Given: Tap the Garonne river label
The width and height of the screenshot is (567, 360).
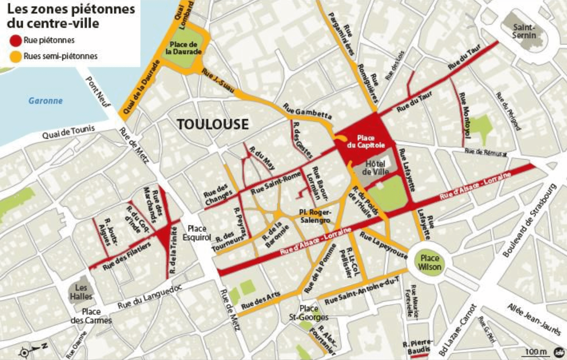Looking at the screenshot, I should point(46,101).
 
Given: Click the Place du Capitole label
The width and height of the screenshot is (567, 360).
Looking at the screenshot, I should point(366,141).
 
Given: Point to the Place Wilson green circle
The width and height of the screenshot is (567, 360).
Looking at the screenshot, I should point(429,263).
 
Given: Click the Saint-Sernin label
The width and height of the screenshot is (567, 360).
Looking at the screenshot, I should point(524,31).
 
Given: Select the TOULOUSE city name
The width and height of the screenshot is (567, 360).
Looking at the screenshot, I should point(213,124).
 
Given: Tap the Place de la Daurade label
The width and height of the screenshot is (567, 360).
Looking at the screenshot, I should point(184,48).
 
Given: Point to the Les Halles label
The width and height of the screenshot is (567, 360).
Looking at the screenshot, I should point(81,292).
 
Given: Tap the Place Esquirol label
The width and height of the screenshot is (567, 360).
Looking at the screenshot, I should point(197,233).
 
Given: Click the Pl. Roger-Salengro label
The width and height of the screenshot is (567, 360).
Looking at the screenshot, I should point(315,216).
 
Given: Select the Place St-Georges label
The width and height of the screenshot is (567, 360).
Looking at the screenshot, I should point(309,313).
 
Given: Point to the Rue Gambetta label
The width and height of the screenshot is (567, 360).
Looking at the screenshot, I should point(307,111).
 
